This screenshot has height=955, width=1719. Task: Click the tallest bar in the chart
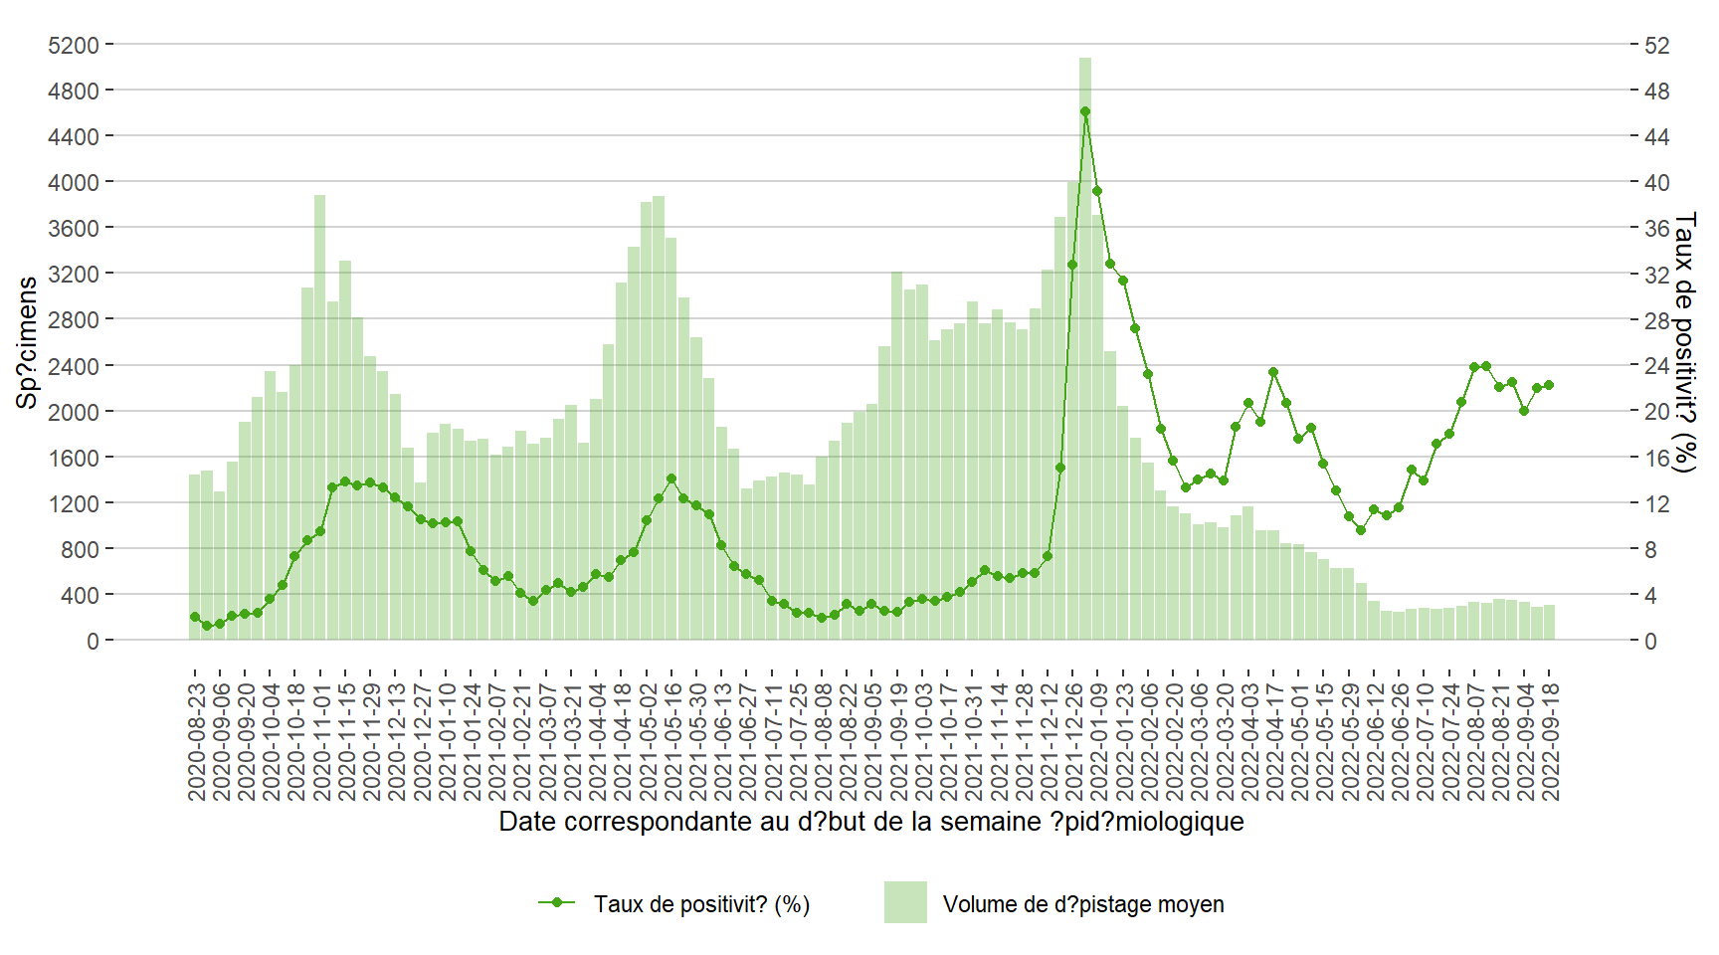point(1085,348)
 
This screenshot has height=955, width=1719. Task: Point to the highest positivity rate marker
point(1085,111)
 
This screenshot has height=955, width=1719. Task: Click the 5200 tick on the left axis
point(74,45)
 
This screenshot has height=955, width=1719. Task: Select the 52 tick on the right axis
point(1656,45)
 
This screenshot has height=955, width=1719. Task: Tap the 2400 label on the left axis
point(74,366)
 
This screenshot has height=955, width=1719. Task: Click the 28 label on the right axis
point(1656,320)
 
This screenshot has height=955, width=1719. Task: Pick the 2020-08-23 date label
point(196,741)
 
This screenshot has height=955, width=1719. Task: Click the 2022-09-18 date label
point(1550,741)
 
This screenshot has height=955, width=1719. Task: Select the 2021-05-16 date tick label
point(672,741)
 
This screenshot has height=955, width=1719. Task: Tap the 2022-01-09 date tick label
point(1098,741)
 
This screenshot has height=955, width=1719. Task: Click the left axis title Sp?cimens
point(27,342)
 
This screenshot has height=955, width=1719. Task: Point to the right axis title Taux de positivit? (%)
point(1684,342)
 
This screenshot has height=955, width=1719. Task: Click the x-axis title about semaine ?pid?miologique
point(870,822)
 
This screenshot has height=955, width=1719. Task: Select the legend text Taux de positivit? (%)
point(701,904)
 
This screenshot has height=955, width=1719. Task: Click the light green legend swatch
point(905,902)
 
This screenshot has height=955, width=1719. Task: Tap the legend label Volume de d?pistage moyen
point(1083,904)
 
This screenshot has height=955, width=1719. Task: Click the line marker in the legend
point(557,902)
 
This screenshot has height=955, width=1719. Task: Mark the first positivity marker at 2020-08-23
point(195,617)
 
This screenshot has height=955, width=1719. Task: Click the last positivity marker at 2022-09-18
point(1549,385)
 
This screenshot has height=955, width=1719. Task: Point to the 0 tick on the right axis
point(1650,642)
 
